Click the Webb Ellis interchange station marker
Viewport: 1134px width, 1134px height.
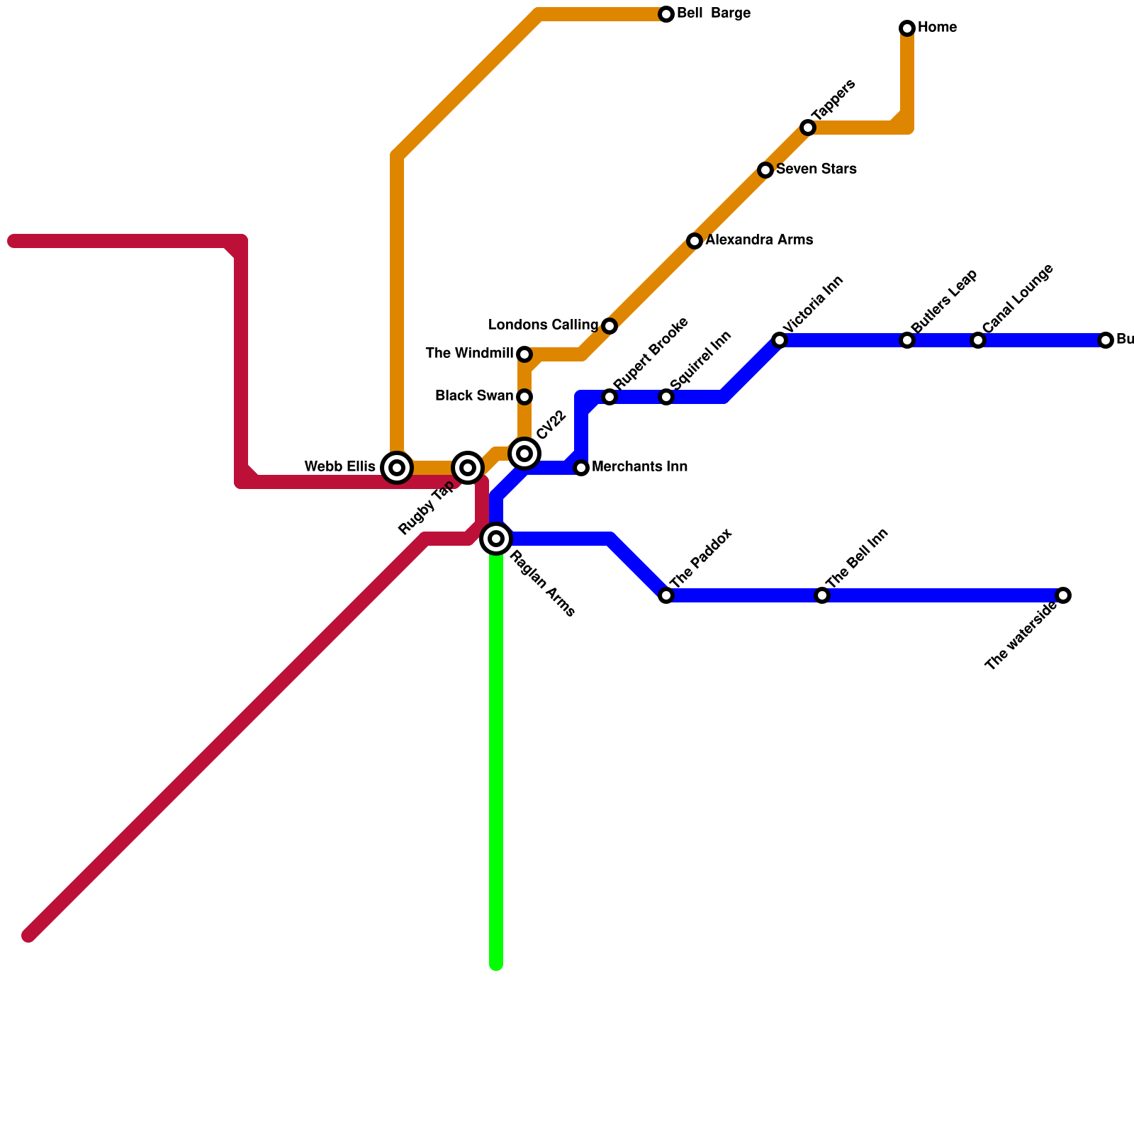[x=397, y=468]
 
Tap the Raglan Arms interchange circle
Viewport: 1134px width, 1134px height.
[x=496, y=539]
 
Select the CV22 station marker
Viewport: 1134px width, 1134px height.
[x=524, y=454]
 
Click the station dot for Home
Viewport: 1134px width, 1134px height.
[x=907, y=28]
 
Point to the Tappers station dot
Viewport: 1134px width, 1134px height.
[x=808, y=128]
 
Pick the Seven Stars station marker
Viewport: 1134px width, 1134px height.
[x=765, y=170]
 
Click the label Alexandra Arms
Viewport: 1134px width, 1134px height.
[x=758, y=240]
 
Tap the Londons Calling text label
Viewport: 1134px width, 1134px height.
[x=543, y=325]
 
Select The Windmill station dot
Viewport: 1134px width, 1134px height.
[x=524, y=354]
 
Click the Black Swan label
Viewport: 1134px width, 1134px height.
[x=473, y=395]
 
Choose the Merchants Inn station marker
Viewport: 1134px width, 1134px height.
[x=581, y=468]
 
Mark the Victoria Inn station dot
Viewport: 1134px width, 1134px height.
[x=780, y=340]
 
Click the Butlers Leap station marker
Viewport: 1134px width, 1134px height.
[x=907, y=340]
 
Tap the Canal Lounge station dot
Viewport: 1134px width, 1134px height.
[x=978, y=340]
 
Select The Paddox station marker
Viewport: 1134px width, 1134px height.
[x=666, y=595]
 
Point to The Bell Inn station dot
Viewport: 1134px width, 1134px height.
[x=822, y=595]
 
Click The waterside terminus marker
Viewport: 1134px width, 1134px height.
[x=1063, y=595]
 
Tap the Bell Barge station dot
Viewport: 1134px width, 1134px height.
[x=666, y=14]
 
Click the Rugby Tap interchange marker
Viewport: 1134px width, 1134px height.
[x=468, y=468]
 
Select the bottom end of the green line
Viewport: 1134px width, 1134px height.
[x=496, y=964]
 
